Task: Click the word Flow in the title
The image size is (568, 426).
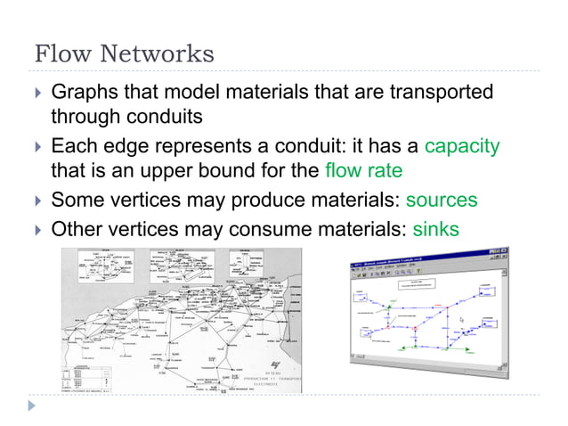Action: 61,53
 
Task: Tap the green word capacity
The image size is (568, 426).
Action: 462,145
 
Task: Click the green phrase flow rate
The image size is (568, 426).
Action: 365,169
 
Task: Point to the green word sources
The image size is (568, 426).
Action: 442,200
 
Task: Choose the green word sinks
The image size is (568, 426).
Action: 435,229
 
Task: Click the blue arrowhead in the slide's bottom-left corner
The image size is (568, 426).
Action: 33,406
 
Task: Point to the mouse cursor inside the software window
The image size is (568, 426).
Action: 461,318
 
